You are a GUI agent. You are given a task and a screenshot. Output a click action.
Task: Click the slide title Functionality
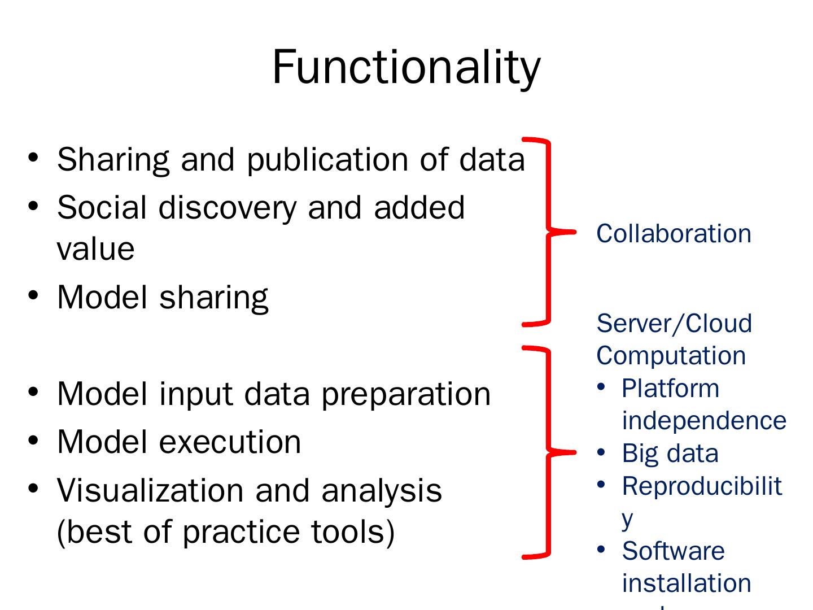(406, 68)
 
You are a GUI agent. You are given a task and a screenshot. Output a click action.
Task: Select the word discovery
(227, 208)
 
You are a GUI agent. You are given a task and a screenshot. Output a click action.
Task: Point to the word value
(95, 249)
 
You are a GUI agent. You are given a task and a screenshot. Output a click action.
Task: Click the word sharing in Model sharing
(213, 298)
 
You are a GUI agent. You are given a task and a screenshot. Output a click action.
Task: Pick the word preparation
(406, 394)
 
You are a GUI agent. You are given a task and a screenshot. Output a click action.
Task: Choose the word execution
(230, 442)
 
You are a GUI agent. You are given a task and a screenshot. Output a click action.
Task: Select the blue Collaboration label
(674, 234)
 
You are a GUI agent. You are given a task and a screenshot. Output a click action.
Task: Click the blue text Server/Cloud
(674, 324)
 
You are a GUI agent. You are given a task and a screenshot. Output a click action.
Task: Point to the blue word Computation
(671, 356)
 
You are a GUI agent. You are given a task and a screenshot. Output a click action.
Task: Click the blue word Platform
(670, 389)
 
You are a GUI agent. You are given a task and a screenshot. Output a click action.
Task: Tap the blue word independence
(703, 421)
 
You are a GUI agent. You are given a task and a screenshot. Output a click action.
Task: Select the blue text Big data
(670, 454)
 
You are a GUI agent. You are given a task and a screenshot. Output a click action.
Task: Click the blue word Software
(673, 551)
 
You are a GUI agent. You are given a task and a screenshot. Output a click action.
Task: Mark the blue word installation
(687, 583)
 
